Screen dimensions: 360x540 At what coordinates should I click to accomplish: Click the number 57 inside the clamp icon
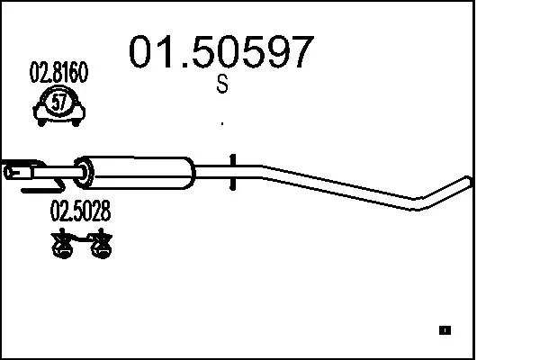coord(59,103)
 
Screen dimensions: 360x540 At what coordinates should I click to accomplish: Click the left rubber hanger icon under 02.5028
coord(62,244)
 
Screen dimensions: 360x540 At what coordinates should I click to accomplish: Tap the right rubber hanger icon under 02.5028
coord(101,244)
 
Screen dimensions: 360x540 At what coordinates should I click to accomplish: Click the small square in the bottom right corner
coord(444,330)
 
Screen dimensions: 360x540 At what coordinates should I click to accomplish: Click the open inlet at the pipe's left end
coord(12,170)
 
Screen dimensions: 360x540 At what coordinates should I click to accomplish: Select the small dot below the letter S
coord(221,122)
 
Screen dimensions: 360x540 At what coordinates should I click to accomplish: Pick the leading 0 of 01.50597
coord(145,53)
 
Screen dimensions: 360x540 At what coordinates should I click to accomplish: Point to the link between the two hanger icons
coord(82,239)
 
